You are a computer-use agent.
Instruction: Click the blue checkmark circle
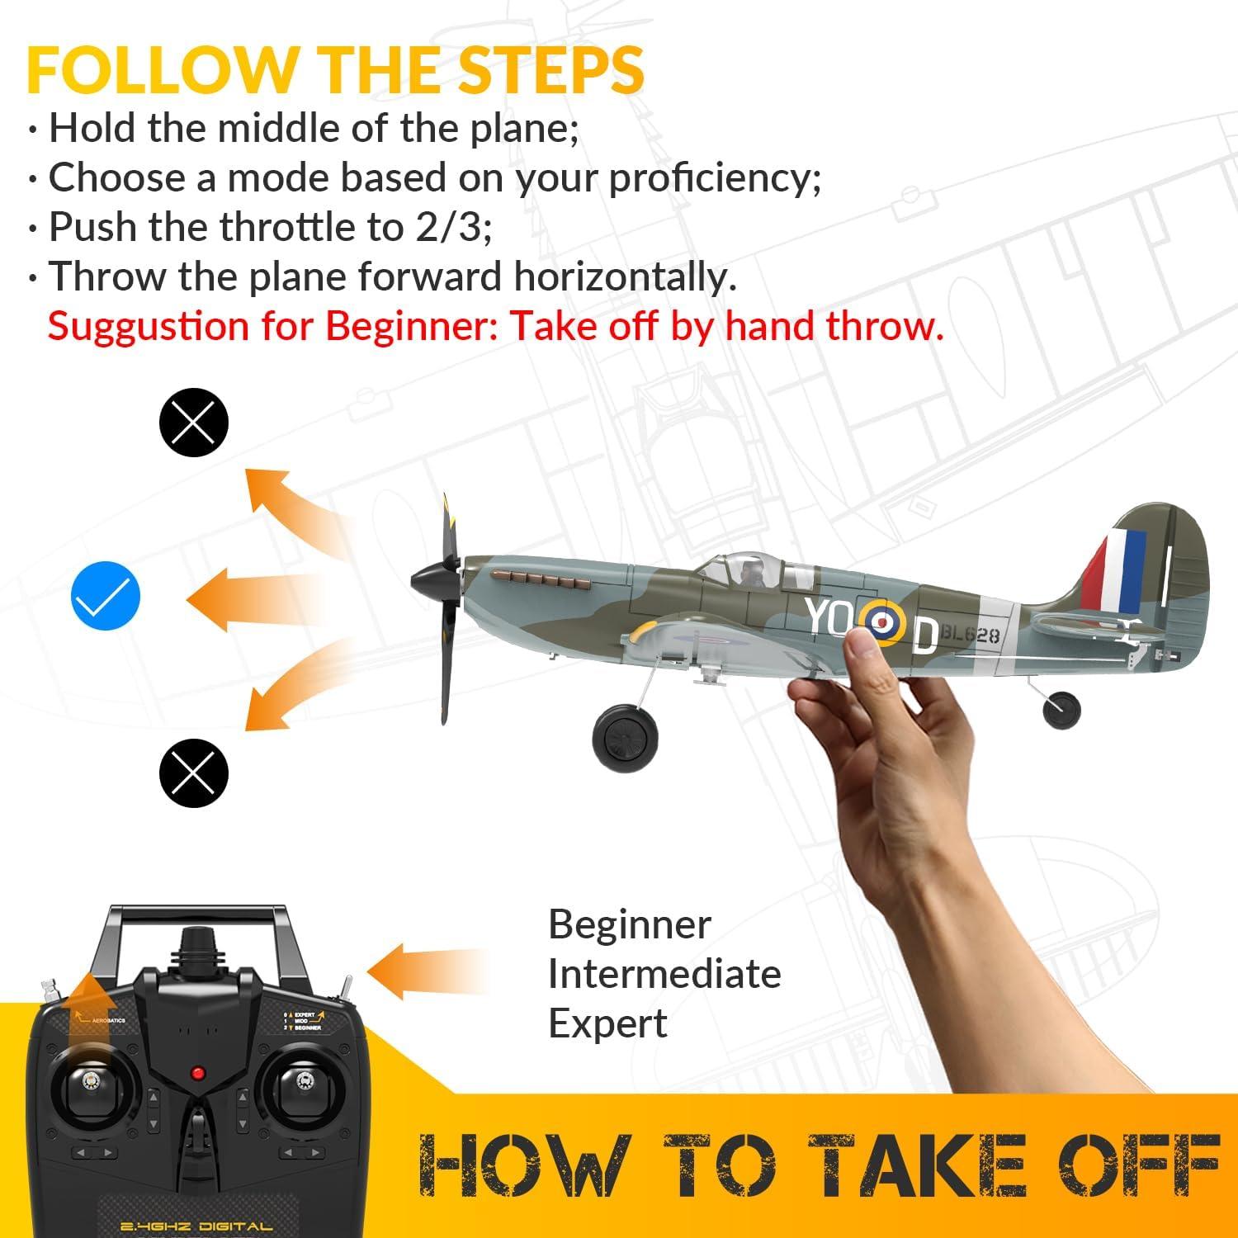click(x=106, y=596)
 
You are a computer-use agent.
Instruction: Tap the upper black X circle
click(x=193, y=423)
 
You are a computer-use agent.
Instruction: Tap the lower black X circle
click(x=193, y=773)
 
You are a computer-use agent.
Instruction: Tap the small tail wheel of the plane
click(x=1061, y=710)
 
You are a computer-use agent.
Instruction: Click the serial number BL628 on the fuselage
click(x=971, y=635)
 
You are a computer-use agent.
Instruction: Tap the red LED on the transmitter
click(x=197, y=1073)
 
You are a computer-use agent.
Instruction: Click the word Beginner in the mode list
click(x=629, y=925)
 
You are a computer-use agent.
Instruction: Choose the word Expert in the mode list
click(x=607, y=1024)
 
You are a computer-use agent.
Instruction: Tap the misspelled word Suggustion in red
click(x=148, y=326)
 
